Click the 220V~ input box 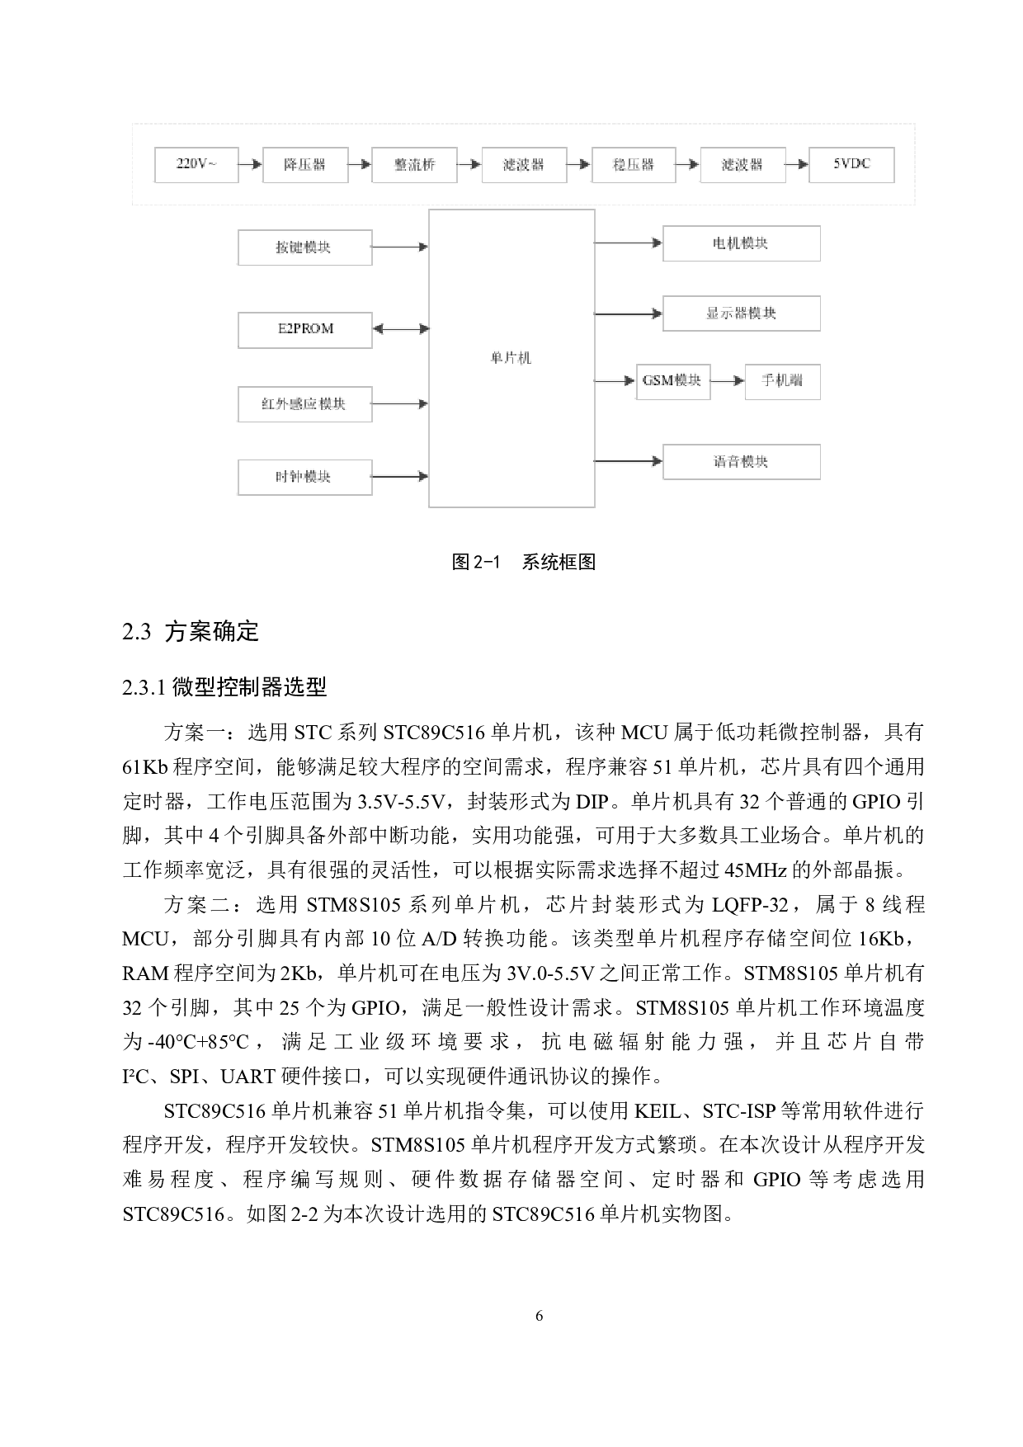point(196,164)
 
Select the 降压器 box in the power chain point(305,164)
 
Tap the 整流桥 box point(414,164)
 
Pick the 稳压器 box point(634,164)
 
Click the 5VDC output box point(851,164)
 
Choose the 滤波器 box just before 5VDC point(742,164)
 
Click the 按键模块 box point(304,247)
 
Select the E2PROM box point(304,329)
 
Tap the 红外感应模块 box point(304,403)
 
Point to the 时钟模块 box point(304,477)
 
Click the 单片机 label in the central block point(511,357)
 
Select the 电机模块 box point(741,243)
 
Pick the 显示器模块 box point(741,313)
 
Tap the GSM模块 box point(672,381)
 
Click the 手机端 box point(782,381)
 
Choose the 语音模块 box point(741,462)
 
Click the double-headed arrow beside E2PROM point(401,329)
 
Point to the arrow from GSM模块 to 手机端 point(728,381)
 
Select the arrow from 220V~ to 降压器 point(250,164)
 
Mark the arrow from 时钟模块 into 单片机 point(400,476)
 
